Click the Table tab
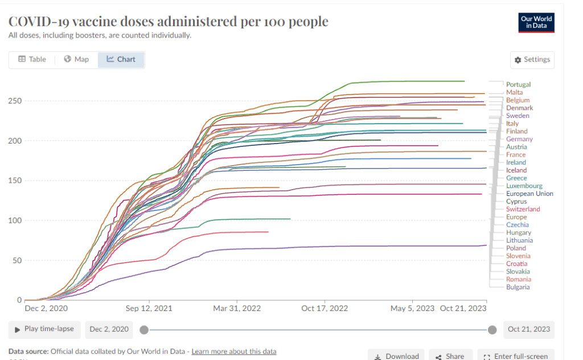(32, 59)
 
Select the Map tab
(76, 59)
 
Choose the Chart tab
(121, 59)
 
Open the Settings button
(532, 60)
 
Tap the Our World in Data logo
(536, 22)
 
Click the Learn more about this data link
(234, 351)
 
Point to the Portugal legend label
(518, 84)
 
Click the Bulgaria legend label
(518, 287)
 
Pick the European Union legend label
(529, 194)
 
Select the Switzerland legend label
(523, 209)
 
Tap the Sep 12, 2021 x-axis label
(149, 308)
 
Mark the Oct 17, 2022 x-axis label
(325, 308)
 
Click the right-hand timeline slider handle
(492, 330)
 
